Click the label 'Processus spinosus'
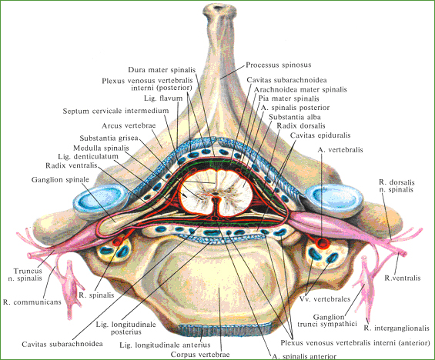coord(279,65)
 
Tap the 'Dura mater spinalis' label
coord(162,70)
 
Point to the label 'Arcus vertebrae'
coord(129,125)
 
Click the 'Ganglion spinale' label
coord(60,179)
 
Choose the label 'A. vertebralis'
coord(340,150)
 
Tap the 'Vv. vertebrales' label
coord(325,299)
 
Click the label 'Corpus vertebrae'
coord(200,355)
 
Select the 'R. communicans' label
coord(32,302)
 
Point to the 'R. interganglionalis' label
coord(397,328)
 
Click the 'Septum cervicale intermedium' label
coord(115,111)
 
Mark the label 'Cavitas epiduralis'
coord(320,135)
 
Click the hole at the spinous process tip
coord(219,7)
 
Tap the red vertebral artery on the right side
coord(323,243)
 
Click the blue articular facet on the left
coord(101,199)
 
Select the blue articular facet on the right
coord(334,198)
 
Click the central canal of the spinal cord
coord(216,193)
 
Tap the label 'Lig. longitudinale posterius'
coord(126,328)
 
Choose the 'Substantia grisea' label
coord(109,138)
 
